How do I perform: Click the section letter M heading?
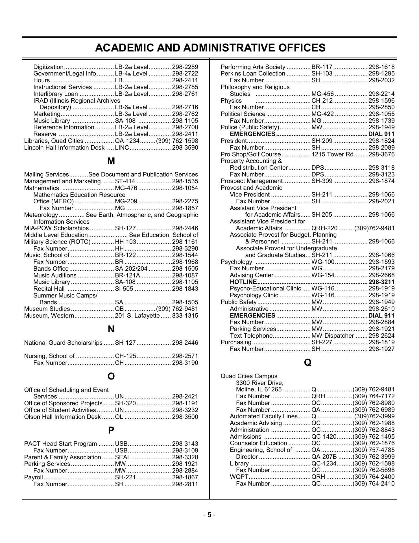pos(111,161)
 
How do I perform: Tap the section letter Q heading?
pos(307,363)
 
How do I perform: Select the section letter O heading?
pos(111,376)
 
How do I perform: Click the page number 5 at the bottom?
pos(209,515)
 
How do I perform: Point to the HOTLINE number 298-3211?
pos(381,282)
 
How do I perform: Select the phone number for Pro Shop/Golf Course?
pos(381,154)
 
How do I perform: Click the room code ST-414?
pos(125,181)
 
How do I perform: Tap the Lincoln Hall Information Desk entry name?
pos(64,148)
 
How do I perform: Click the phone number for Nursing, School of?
pos(185,356)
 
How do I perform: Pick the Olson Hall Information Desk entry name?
pos(62,417)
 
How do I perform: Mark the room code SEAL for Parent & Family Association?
pos(123,457)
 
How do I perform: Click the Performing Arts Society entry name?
pos(253,67)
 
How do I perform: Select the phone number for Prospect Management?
pos(381,181)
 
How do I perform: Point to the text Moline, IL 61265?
pos(259,389)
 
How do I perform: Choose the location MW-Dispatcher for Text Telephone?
pos(333,336)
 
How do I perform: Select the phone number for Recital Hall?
pos(185,289)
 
